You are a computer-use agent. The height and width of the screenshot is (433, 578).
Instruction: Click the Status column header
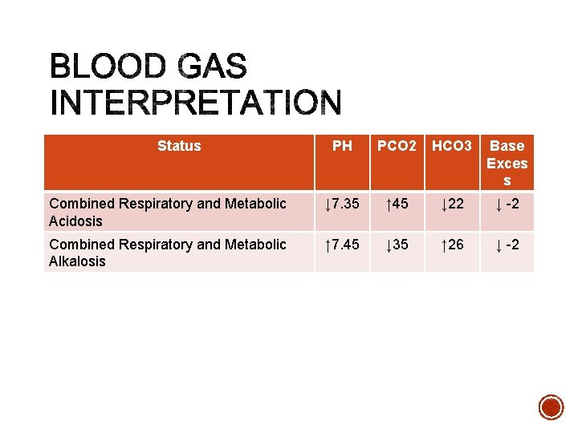click(179, 146)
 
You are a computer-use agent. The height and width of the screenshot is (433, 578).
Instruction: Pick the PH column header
click(342, 146)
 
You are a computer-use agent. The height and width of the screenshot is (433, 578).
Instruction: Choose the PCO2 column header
click(397, 146)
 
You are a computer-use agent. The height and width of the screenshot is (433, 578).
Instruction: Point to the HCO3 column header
click(452, 146)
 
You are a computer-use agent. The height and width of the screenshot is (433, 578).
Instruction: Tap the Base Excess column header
click(507, 163)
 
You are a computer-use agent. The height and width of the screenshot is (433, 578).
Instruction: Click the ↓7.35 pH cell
click(342, 204)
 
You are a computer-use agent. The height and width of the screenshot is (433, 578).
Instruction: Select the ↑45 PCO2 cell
click(397, 204)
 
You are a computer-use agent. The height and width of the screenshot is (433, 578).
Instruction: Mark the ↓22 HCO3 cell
click(452, 204)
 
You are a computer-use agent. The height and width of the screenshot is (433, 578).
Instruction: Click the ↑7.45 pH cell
click(342, 244)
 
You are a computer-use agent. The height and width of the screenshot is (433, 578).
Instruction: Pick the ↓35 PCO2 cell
click(397, 244)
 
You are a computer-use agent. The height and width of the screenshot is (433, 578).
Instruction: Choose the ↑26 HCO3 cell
click(452, 244)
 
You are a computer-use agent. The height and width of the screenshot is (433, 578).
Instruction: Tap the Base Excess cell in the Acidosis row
click(507, 204)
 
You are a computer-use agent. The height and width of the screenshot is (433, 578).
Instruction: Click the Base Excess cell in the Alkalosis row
click(507, 244)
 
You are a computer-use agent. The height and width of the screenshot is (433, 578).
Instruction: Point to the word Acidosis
click(75, 221)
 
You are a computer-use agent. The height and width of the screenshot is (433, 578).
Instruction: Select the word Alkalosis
click(77, 261)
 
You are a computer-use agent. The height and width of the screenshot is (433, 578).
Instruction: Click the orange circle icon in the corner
click(551, 407)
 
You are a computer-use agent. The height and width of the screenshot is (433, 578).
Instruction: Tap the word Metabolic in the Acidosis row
click(255, 204)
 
